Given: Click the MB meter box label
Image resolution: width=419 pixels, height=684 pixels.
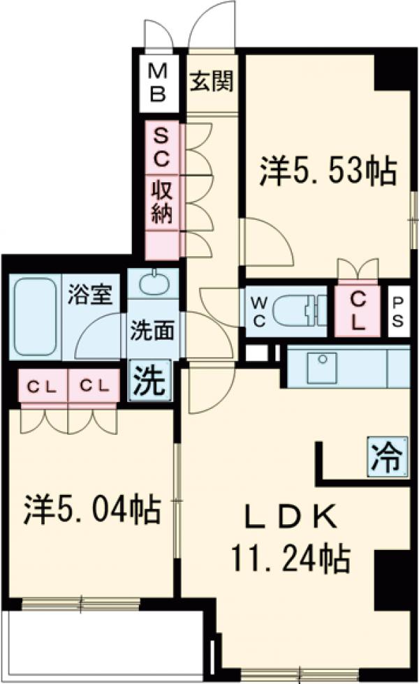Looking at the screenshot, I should (x=158, y=82).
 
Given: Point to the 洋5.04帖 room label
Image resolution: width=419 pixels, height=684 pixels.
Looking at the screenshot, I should (x=92, y=510).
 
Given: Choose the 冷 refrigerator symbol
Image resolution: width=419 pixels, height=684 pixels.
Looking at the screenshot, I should (x=386, y=459).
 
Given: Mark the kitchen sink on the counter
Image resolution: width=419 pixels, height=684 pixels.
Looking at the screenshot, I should (x=322, y=364).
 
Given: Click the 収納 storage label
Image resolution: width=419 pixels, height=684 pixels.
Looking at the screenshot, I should (x=161, y=201).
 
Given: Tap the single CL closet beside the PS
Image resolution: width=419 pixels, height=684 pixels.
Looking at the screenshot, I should (x=358, y=311).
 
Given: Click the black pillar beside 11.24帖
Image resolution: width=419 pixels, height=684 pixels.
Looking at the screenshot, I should (x=390, y=579).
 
